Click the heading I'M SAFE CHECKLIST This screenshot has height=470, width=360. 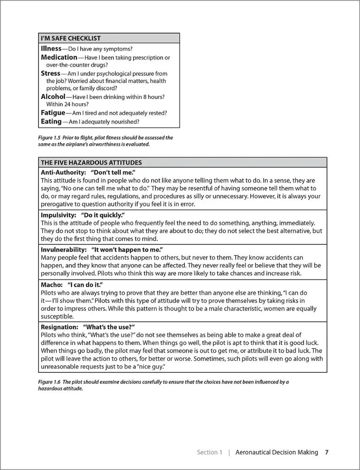click(71, 38)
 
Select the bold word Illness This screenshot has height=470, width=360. click(51, 48)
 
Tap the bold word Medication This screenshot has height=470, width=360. click(59, 57)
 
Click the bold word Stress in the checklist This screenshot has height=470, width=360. click(50, 73)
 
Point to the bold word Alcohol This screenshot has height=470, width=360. click(53, 97)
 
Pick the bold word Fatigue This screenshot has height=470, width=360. click(53, 113)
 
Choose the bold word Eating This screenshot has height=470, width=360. click(51, 122)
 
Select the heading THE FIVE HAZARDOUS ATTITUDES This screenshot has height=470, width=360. click(91, 162)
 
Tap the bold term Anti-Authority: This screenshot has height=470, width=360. click(63, 172)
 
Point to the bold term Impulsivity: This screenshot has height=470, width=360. click(58, 215)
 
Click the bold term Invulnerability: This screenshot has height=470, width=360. click(64, 249)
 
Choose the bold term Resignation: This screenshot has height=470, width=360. click(60, 327)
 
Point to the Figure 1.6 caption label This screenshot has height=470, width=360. click(49, 382)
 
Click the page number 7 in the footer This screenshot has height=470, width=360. click(327, 452)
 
